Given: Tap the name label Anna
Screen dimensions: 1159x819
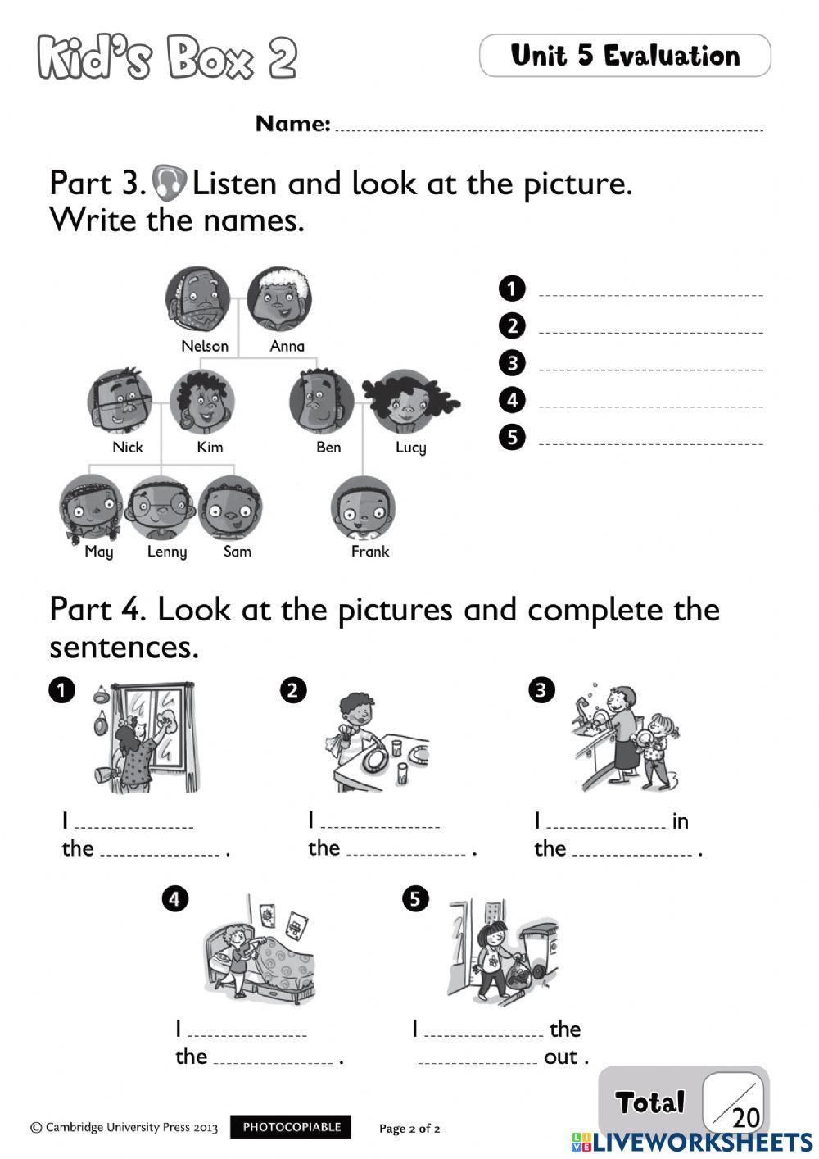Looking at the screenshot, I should click(287, 346).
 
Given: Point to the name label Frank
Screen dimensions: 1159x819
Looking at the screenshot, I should click(370, 552).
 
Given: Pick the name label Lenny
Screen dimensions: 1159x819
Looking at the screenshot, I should click(167, 552).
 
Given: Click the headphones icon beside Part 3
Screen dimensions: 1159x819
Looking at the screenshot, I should click(170, 182).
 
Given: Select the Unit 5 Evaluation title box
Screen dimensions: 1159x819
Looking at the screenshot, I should click(625, 56).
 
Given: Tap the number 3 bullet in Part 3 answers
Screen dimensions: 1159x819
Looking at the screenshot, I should click(512, 362).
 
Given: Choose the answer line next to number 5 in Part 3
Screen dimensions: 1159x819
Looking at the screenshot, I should click(651, 441).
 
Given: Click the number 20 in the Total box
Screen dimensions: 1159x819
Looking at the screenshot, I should click(746, 1117).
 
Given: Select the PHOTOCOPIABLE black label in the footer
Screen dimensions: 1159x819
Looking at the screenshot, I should click(291, 1127).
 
